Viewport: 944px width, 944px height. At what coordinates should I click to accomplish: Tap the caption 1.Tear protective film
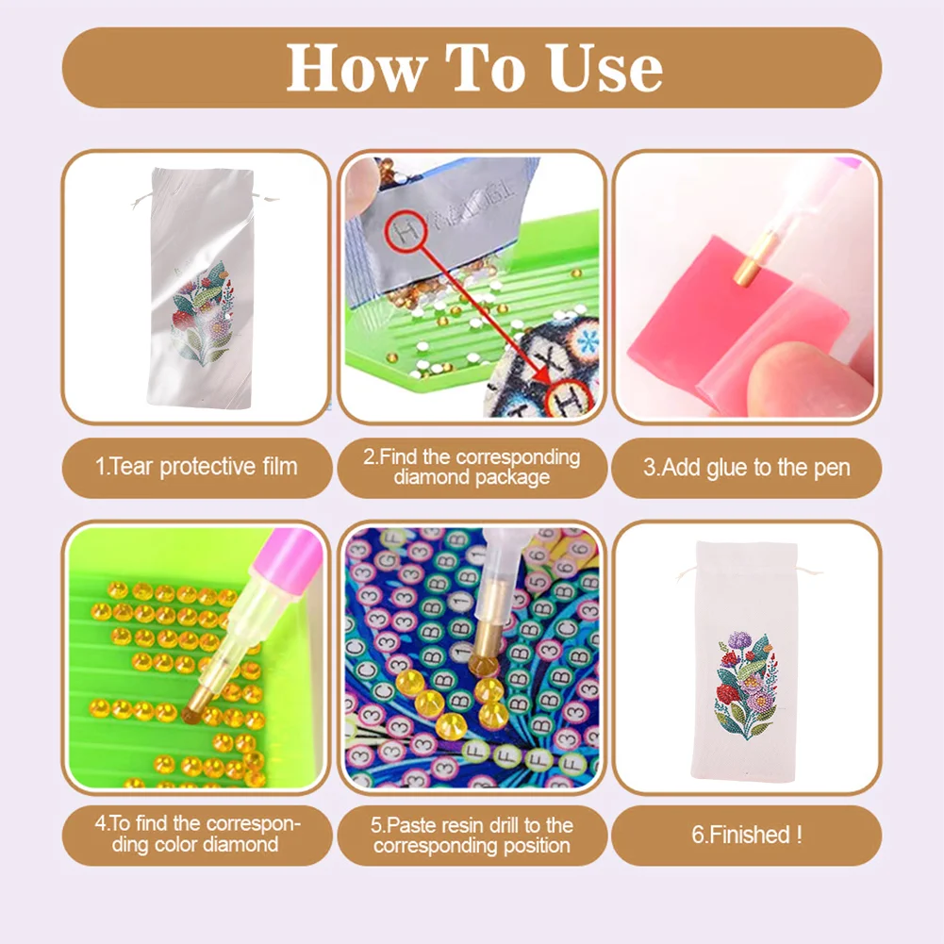coord(196,467)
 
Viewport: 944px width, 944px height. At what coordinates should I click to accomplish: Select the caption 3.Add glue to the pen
coord(746,467)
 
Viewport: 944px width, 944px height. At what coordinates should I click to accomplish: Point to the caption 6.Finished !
coord(746,835)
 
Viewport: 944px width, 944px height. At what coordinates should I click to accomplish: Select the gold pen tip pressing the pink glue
coord(746,271)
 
